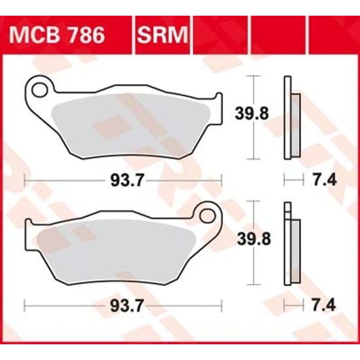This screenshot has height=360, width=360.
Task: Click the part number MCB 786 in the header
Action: tap(64, 35)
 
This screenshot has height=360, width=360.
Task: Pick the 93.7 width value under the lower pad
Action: tap(122, 305)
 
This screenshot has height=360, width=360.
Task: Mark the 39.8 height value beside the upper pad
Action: tap(251, 114)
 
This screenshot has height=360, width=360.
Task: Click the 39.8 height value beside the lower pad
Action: tap(251, 240)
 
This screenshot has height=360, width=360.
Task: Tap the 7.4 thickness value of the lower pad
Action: tap(325, 305)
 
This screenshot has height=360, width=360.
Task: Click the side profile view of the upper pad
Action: tap(291, 118)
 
